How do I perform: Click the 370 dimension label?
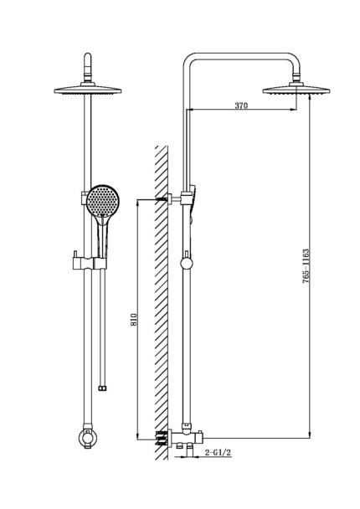241,105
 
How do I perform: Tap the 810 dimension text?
134,320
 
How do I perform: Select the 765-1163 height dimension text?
306,266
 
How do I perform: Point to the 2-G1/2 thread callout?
218,452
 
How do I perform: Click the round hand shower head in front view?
103,201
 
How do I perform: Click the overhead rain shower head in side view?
296,89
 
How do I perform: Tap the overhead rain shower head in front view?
88,89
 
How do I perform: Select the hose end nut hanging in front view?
103,388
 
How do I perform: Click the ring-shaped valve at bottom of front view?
88,437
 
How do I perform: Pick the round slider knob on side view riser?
187,263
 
